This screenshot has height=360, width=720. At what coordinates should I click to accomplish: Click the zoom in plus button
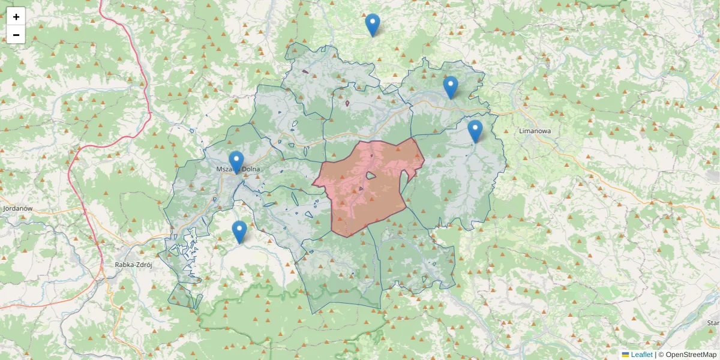point(16,17)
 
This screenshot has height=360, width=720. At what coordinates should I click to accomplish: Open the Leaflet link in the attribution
point(641,355)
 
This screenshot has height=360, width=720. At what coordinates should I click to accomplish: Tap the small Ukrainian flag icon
point(625,355)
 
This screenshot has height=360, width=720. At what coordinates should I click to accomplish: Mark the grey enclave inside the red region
point(371,176)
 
